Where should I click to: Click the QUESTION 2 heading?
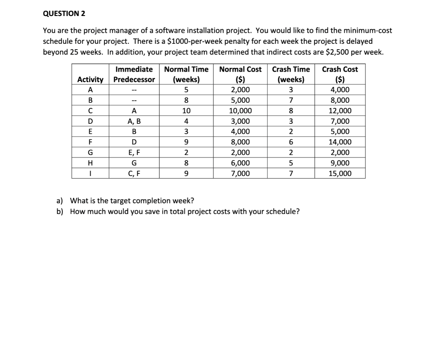pyautogui.click(x=64, y=13)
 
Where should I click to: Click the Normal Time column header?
pyautogui.click(x=186, y=74)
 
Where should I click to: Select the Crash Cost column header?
pyautogui.click(x=340, y=74)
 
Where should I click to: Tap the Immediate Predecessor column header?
pyautogui.click(x=134, y=74)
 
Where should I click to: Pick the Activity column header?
pyautogui.click(x=90, y=80)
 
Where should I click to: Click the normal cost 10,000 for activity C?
pyautogui.click(x=240, y=111)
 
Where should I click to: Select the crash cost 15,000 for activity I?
pyautogui.click(x=340, y=173)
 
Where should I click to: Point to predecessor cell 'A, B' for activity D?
pyautogui.click(x=134, y=121)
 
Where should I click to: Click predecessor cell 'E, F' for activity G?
pyautogui.click(x=134, y=152)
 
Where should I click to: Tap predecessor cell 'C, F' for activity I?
pyautogui.click(x=134, y=173)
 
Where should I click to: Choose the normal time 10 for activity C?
pyautogui.click(x=186, y=111)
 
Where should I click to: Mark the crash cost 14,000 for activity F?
pyautogui.click(x=340, y=142)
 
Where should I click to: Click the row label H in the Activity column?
pyautogui.click(x=90, y=163)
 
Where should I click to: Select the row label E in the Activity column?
pyautogui.click(x=90, y=132)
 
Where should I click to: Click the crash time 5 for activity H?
pyautogui.click(x=290, y=163)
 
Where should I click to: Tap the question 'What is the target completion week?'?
pyautogui.click(x=132, y=200)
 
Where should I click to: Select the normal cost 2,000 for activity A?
pyautogui.click(x=240, y=90)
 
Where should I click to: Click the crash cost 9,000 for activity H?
pyautogui.click(x=340, y=163)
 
